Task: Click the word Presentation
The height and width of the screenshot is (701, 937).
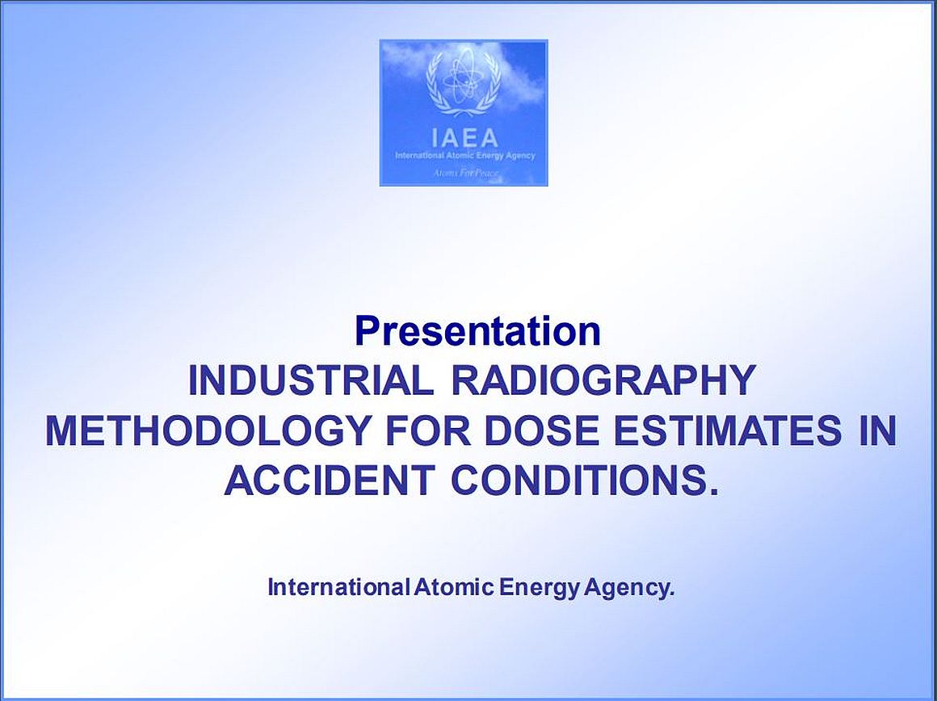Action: pyautogui.click(x=477, y=332)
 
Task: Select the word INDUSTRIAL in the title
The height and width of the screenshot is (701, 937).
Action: pyautogui.click(x=311, y=380)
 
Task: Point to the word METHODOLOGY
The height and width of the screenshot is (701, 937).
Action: pyautogui.click(x=207, y=430)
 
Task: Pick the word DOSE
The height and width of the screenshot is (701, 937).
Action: pyautogui.click(x=541, y=430)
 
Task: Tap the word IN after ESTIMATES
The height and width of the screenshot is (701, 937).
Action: pyautogui.click(x=878, y=430)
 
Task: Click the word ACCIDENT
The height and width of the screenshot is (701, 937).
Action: pyautogui.click(x=330, y=480)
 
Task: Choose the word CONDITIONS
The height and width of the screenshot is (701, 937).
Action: pyautogui.click(x=578, y=480)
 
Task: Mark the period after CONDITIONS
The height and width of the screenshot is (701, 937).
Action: pyautogui.click(x=711, y=491)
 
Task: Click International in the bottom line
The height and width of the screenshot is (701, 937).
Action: pyautogui.click(x=338, y=587)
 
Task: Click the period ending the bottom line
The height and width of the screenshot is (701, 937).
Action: pyautogui.click(x=671, y=594)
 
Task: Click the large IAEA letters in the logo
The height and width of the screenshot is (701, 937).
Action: pyautogui.click(x=464, y=138)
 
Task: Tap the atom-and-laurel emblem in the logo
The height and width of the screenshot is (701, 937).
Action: pyautogui.click(x=463, y=83)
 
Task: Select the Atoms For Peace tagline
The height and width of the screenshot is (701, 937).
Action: pyautogui.click(x=464, y=174)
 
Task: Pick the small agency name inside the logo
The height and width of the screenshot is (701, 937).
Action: pyautogui.click(x=465, y=156)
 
